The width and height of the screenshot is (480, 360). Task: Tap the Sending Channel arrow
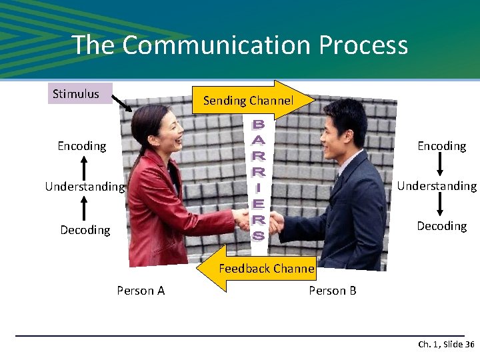pyautogui.click(x=248, y=101)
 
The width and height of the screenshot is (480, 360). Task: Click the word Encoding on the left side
pyautogui.click(x=82, y=146)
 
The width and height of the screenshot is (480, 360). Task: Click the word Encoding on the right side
pyautogui.click(x=441, y=146)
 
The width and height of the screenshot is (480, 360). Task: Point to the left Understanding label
pyautogui.click(x=85, y=187)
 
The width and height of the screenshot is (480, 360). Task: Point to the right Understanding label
pyautogui.click(x=437, y=186)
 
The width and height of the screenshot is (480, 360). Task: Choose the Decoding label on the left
pyautogui.click(x=85, y=230)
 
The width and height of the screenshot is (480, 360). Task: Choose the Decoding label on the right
pyautogui.click(x=441, y=226)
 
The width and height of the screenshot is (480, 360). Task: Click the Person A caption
pyautogui.click(x=141, y=291)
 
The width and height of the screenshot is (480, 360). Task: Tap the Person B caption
pyautogui.click(x=333, y=291)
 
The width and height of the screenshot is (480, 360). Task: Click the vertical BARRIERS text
pyautogui.click(x=258, y=180)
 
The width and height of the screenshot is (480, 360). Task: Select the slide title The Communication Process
pyautogui.click(x=240, y=45)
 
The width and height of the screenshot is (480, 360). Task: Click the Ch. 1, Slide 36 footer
pyautogui.click(x=445, y=345)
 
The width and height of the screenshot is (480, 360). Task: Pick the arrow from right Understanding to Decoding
pyautogui.click(x=439, y=205)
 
